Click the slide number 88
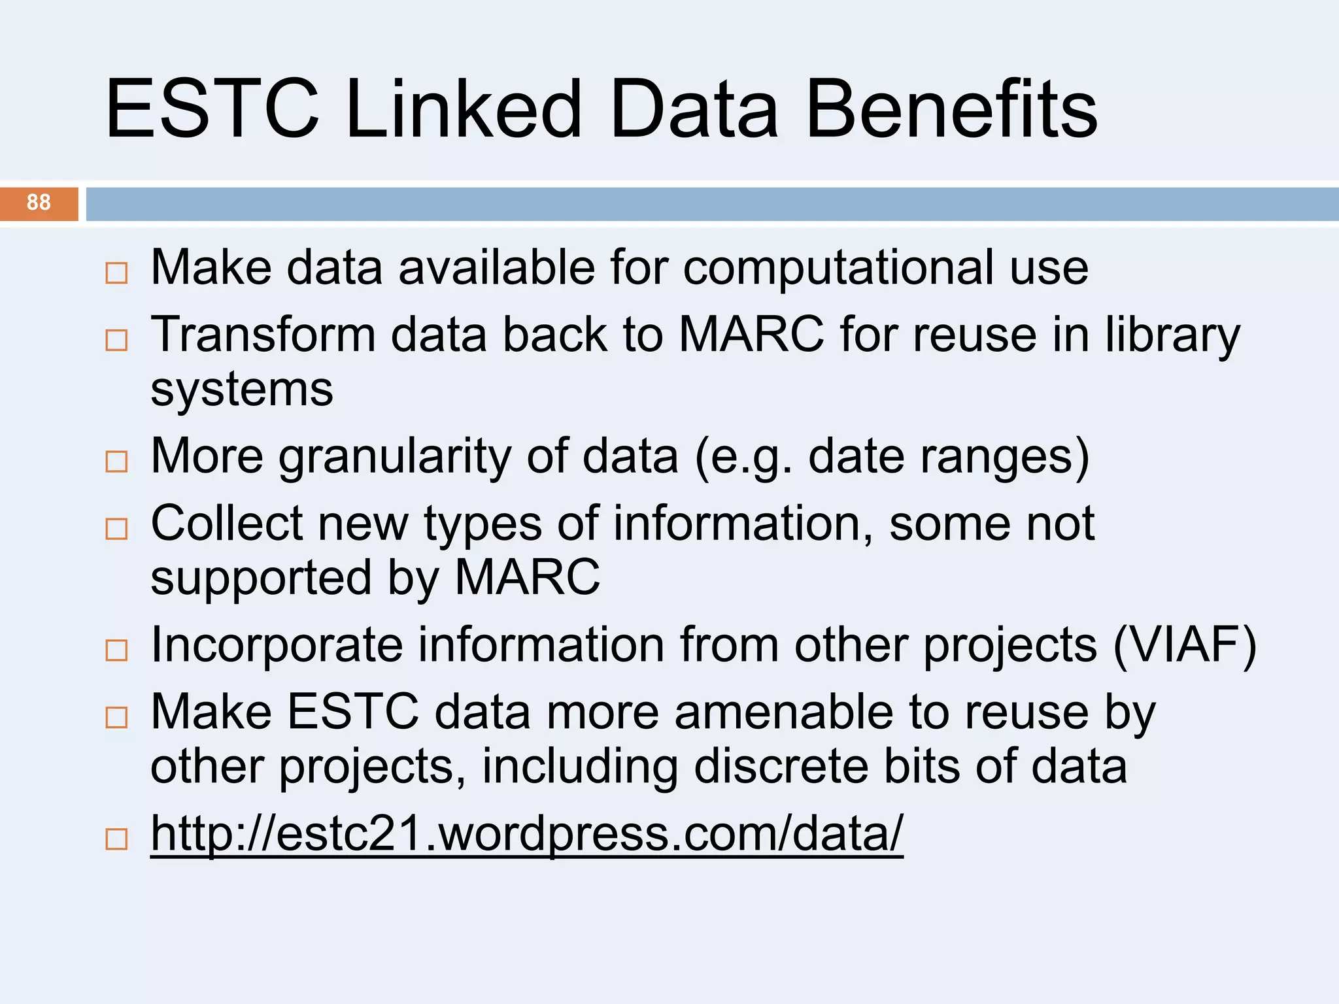click(39, 203)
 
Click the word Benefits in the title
click(951, 109)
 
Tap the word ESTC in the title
click(212, 109)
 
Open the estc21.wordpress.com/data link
click(526, 833)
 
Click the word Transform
click(263, 335)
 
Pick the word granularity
click(395, 457)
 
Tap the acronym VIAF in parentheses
click(1184, 645)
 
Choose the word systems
click(242, 390)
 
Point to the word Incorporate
click(277, 645)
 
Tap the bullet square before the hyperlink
click(116, 839)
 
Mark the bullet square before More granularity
click(116, 461)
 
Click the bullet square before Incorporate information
click(116, 650)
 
